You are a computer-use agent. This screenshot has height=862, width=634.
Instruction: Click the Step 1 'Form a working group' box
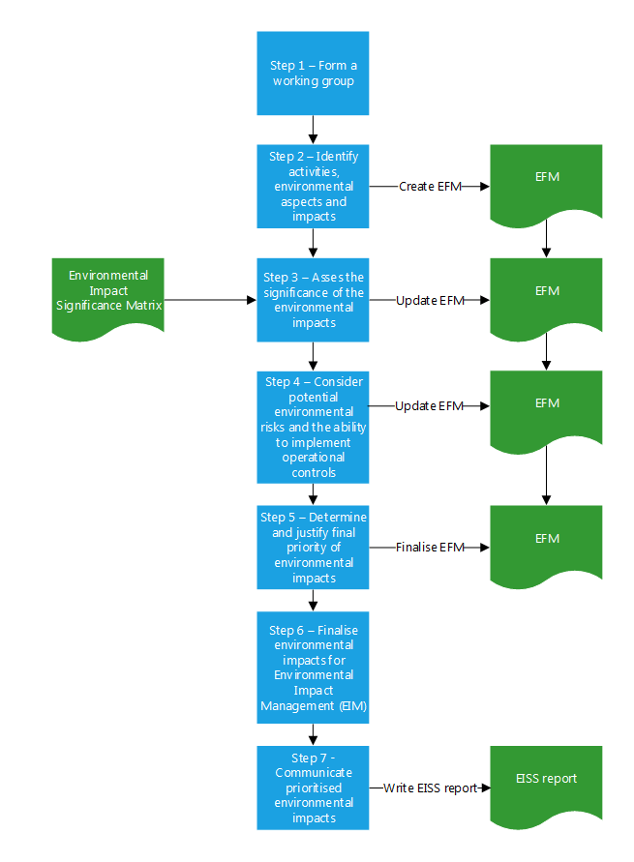tap(313, 74)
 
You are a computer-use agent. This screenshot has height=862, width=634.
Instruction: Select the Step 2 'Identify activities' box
tap(313, 186)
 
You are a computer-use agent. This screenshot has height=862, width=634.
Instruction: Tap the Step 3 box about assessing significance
tap(313, 299)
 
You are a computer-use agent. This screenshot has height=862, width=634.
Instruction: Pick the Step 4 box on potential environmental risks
tap(313, 427)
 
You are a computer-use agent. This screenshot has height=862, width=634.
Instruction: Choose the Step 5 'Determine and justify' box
tap(313, 547)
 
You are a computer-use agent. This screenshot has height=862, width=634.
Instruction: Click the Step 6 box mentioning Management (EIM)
tap(313, 667)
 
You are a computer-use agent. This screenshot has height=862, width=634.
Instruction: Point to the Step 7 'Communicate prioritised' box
tap(313, 787)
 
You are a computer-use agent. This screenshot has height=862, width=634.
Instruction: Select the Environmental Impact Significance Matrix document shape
tap(108, 292)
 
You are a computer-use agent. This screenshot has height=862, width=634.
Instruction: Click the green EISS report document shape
tap(547, 779)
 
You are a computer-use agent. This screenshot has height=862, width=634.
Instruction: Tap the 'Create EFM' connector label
tap(431, 186)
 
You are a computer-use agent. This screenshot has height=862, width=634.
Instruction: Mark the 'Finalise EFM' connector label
tap(430, 547)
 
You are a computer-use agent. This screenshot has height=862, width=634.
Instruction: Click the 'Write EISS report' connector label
tap(430, 788)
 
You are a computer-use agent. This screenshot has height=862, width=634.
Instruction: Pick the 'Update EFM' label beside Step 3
tap(430, 300)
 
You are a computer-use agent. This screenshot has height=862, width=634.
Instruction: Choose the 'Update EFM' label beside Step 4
tap(430, 405)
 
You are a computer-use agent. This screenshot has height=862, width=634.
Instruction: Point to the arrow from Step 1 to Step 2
tap(313, 130)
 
